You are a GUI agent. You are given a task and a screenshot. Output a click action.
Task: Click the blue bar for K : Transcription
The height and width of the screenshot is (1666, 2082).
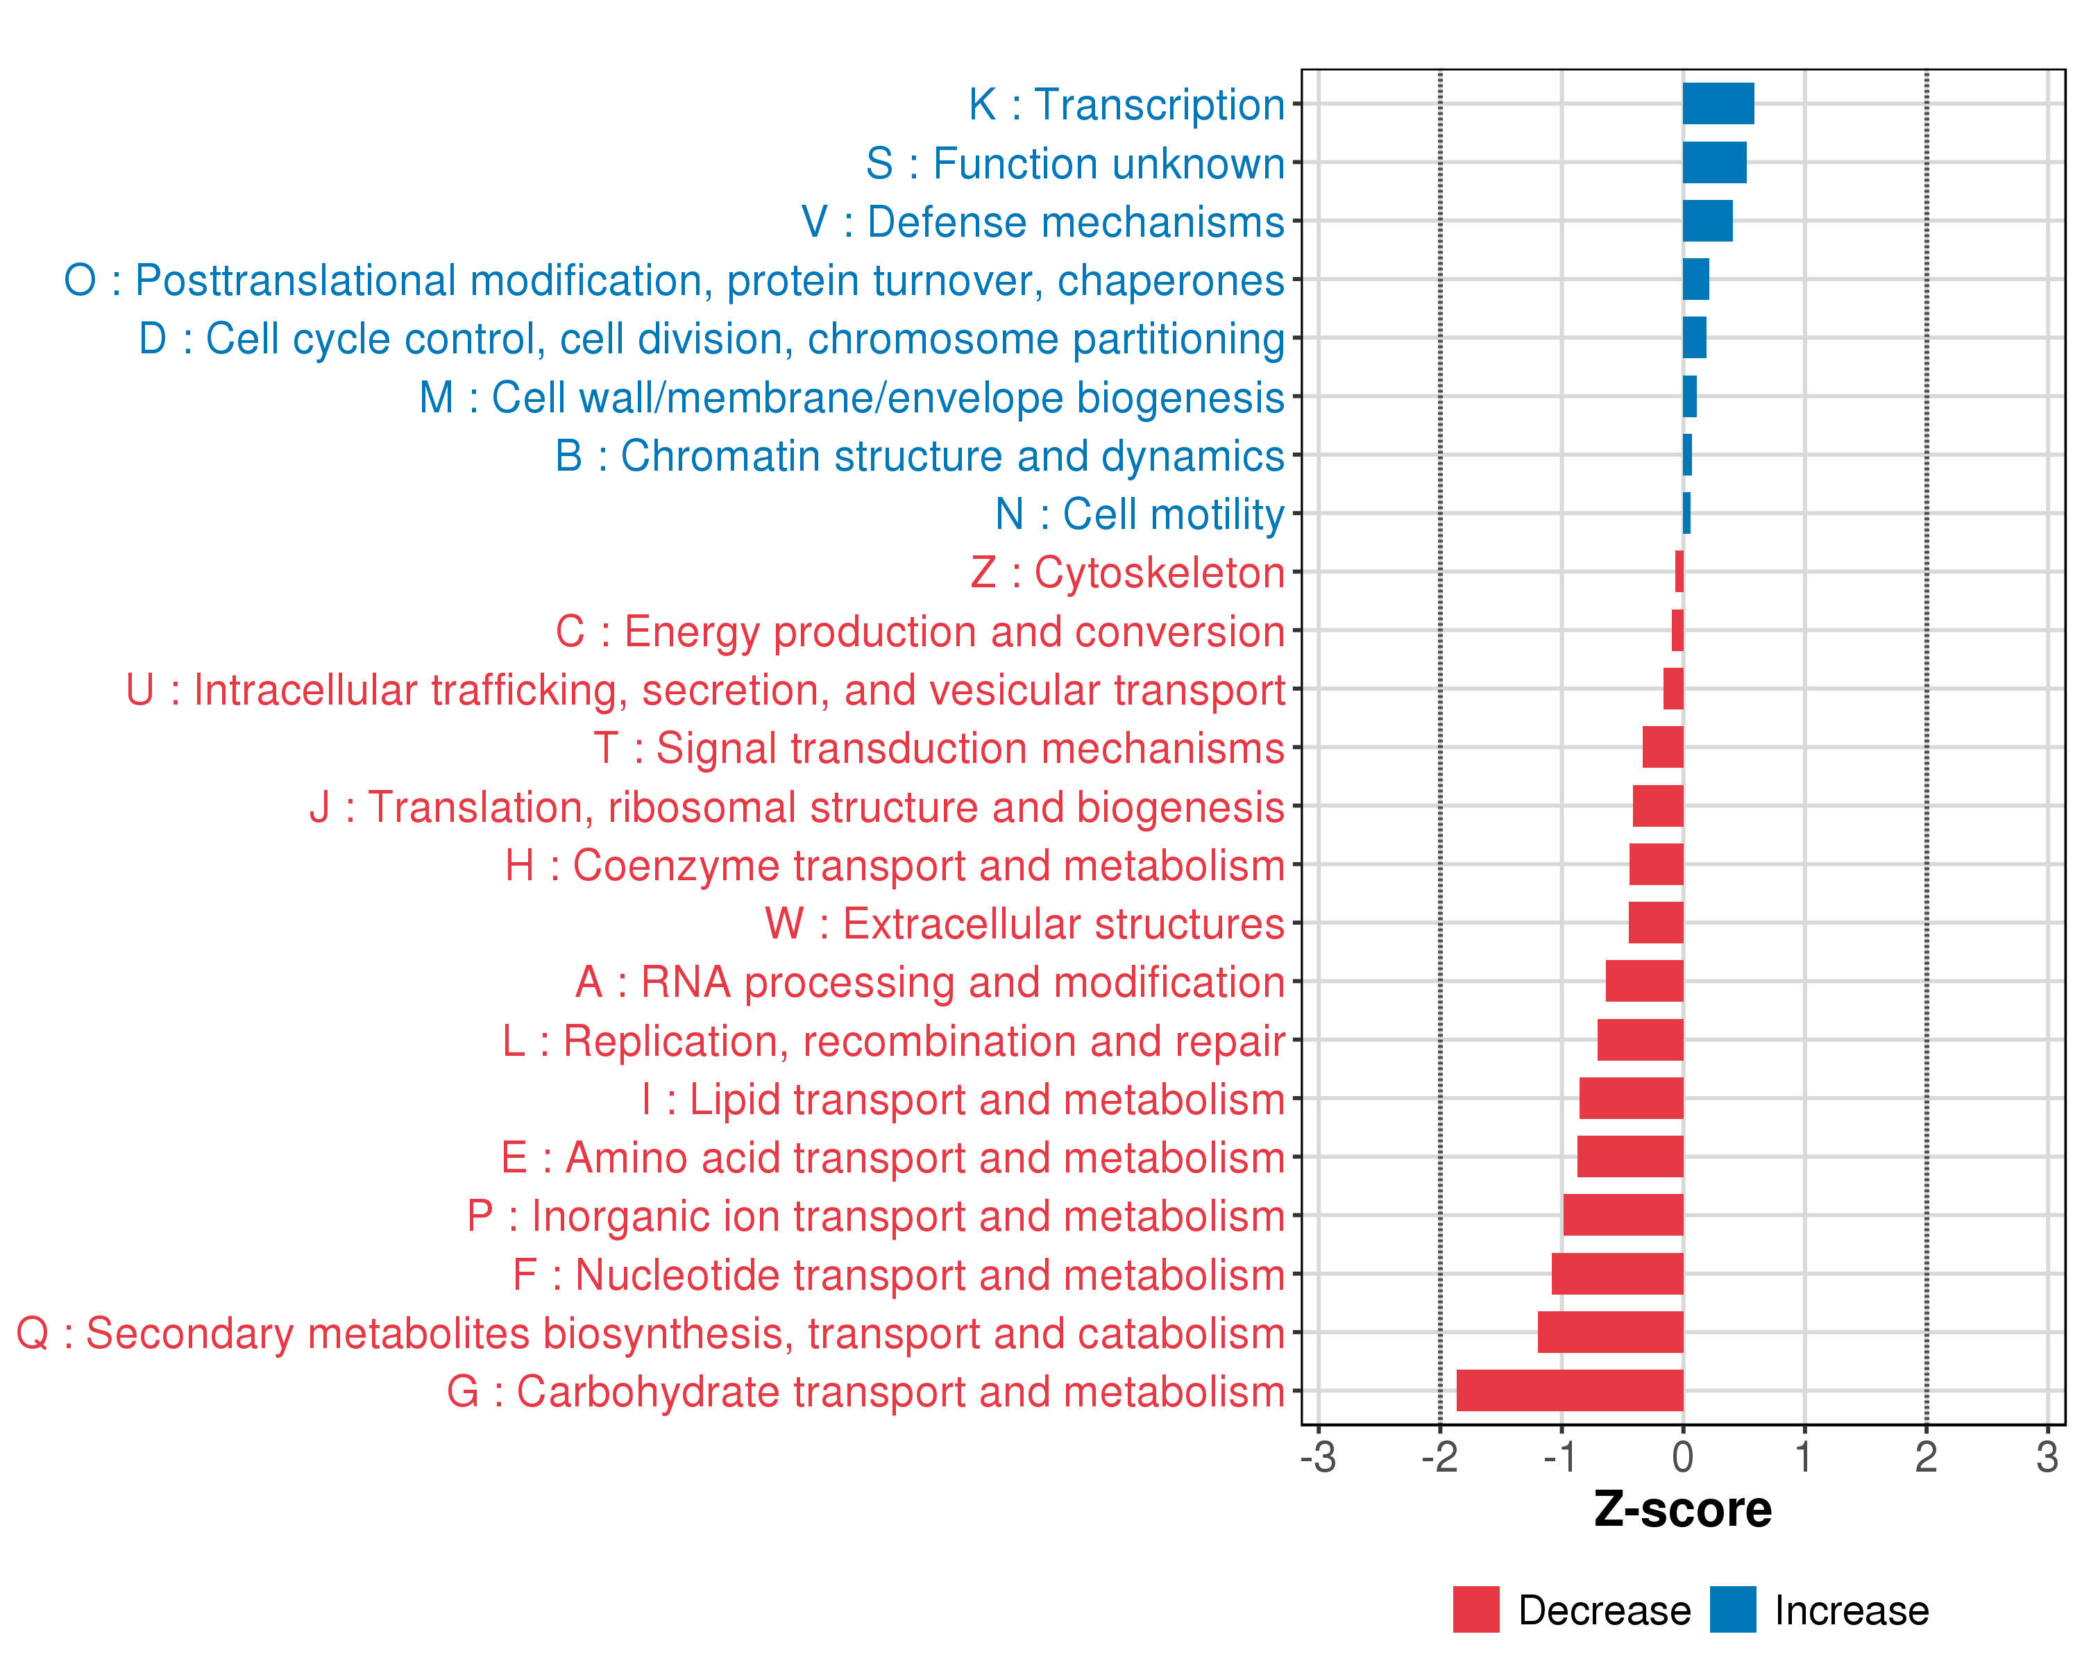pos(1718,104)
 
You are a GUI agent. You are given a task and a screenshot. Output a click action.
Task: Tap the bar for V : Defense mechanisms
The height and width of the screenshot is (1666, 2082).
pos(1707,221)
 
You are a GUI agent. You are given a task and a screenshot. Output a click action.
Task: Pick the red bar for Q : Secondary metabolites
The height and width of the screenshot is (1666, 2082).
pos(1610,1333)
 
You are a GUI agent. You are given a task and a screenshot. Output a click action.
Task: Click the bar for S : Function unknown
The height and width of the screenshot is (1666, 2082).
pos(1714,162)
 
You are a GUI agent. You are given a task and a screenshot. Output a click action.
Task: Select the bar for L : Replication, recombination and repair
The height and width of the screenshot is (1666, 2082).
pos(1640,1040)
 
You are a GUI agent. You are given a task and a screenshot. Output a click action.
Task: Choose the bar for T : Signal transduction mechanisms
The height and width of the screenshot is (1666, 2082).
pos(1663,748)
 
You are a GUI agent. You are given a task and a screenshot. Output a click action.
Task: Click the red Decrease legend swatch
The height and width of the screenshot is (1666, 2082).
pos(1475,1609)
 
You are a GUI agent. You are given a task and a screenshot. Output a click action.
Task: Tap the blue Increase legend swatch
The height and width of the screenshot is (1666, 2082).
pos(1732,1609)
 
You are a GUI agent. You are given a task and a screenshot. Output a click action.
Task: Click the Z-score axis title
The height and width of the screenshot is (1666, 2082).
pos(1682,1510)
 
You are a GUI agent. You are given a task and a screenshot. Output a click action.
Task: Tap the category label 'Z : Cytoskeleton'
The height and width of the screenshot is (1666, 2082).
pos(1127,573)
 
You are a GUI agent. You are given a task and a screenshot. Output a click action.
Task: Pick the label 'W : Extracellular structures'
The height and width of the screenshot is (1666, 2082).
pos(1024,923)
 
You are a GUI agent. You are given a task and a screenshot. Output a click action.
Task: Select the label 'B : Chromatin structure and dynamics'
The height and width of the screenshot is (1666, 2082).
pos(920,456)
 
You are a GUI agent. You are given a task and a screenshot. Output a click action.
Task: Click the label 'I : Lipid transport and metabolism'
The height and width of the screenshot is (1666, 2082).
pos(963,1099)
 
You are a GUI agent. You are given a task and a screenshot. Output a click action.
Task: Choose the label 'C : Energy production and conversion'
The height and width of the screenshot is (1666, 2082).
pos(920,632)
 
